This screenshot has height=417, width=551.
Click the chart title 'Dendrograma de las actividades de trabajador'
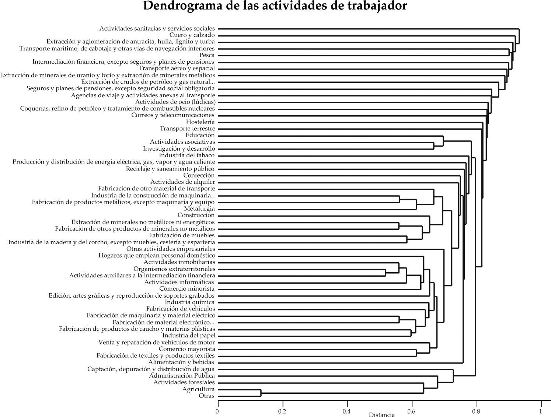275,6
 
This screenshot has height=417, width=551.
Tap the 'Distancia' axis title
381,414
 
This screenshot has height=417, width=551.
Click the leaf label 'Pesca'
207,55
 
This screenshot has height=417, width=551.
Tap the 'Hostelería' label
200,122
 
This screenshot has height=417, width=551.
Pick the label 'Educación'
200,135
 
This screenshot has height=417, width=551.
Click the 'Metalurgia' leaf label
199,209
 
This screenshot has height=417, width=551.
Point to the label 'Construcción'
196,215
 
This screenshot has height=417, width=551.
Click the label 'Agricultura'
198,389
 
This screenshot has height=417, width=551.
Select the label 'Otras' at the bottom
206,396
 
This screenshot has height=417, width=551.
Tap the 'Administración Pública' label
182,376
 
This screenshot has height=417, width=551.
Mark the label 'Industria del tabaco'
186,155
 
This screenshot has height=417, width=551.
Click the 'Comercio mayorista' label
187,349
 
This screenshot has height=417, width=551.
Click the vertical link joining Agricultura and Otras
261,393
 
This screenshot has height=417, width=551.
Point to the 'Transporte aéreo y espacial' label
177,69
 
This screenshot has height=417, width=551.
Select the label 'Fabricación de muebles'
182,235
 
